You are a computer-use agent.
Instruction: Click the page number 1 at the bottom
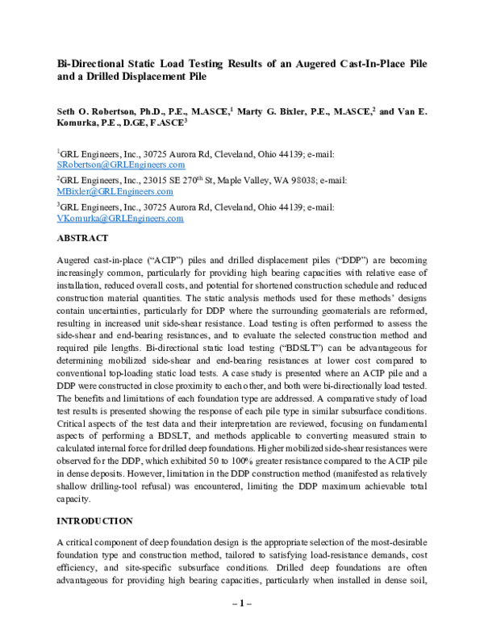pyautogui.click(x=241, y=602)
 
